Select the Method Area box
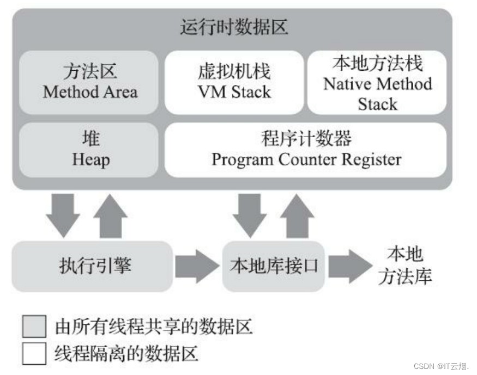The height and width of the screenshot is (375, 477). pos(90,82)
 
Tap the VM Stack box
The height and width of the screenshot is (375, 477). pos(234,82)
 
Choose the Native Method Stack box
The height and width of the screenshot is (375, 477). pos(377,82)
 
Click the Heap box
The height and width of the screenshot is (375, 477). pos(90,150)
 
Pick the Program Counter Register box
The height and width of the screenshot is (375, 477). pos(306,150)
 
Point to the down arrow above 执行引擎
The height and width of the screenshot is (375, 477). pos(63,213)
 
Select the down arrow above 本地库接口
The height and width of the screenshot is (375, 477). pos(250,213)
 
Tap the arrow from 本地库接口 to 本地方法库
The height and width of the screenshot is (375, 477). pos(349,266)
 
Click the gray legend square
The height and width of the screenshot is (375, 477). pos(34,327)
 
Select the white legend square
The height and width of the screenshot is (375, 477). pos(34,354)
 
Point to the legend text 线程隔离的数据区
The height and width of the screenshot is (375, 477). pos(126,354)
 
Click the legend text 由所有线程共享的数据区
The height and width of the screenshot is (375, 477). pos(154,327)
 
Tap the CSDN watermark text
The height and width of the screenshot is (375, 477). pos(442,366)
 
